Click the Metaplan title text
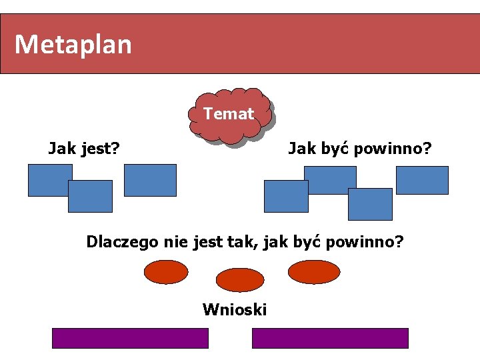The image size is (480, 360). pyautogui.click(x=73, y=45)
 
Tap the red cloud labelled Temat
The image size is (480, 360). pyautogui.click(x=229, y=115)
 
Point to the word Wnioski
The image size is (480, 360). pyautogui.click(x=235, y=309)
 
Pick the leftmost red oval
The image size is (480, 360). pyautogui.click(x=165, y=271)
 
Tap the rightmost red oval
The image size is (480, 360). pyautogui.click(x=314, y=271)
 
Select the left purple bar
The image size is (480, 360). pyautogui.click(x=130, y=338)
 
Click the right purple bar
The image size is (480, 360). pyautogui.click(x=330, y=338)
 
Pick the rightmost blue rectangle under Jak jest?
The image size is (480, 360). pyautogui.click(x=150, y=180)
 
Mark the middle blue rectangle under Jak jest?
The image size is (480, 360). pyautogui.click(x=90, y=196)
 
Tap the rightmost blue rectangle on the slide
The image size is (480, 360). pyautogui.click(x=422, y=180)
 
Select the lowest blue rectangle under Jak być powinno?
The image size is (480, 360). pyautogui.click(x=370, y=204)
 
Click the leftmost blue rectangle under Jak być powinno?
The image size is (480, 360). pyautogui.click(x=286, y=196)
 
